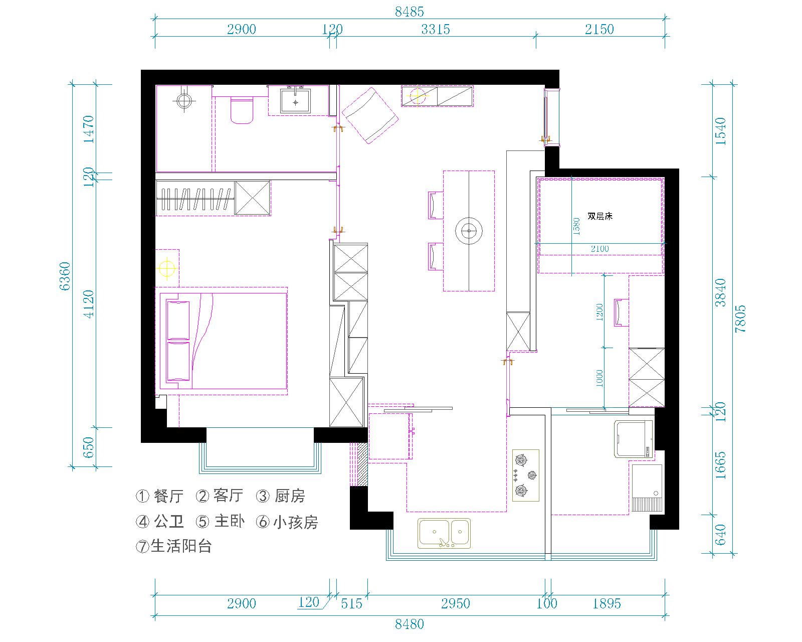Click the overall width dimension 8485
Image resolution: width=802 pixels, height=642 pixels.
(409, 12)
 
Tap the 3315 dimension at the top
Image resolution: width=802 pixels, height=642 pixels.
(435, 29)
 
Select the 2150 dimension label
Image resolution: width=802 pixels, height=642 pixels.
(599, 29)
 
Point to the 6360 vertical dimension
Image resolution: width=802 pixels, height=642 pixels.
(65, 276)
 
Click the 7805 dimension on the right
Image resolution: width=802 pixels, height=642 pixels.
(740, 318)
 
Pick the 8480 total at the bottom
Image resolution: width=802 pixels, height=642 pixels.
(409, 624)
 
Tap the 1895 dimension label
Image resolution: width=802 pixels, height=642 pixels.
(607, 603)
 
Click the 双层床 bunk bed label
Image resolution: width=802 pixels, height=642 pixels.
(600, 216)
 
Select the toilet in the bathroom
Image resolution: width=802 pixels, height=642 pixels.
(242, 110)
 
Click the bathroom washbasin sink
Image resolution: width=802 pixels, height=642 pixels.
(295, 100)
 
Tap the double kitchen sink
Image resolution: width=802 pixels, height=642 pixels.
(444, 533)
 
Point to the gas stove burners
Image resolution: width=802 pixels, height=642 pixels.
(525, 475)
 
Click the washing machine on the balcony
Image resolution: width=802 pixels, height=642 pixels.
(634, 439)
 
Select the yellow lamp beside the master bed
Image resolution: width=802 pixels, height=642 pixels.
(167, 268)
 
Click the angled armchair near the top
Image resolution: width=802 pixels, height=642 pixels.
(370, 116)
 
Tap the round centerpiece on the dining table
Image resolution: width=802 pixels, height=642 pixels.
(469, 231)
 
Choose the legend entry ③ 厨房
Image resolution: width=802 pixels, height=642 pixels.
(281, 496)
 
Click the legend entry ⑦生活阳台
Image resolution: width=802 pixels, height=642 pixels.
(173, 547)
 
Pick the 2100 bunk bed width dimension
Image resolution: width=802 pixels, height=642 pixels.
(599, 248)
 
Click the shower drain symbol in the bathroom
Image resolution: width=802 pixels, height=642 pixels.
(184, 100)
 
